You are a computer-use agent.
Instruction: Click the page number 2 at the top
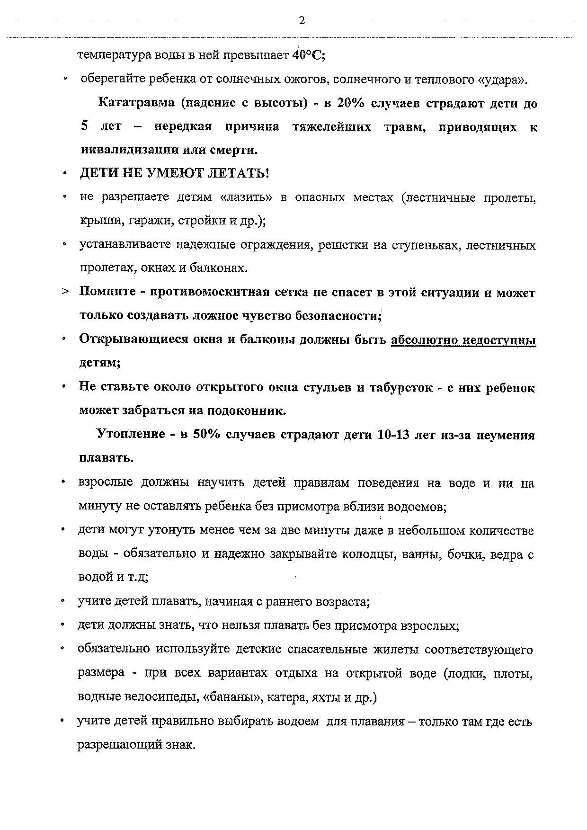pos(301,20)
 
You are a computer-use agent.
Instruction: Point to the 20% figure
pos(350,103)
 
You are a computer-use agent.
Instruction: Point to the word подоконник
pos(251,411)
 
